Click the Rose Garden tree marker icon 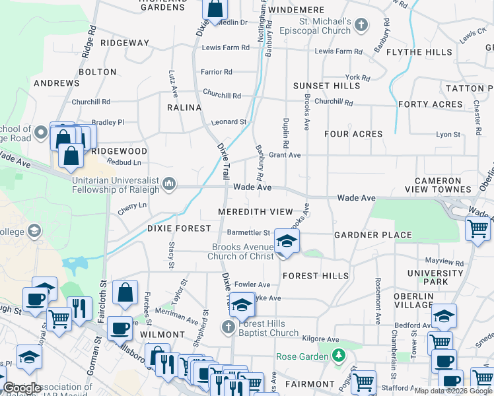(x=339, y=356)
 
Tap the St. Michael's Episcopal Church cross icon (x=361, y=26)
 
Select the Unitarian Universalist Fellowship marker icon (x=169, y=183)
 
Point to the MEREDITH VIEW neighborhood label (x=255, y=212)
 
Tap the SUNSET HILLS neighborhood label (x=327, y=86)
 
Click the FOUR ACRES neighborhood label (x=353, y=134)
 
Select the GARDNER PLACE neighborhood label (x=372, y=235)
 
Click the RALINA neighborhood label (x=184, y=108)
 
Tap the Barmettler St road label (x=248, y=232)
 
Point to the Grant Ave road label (x=285, y=155)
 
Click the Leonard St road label (x=229, y=122)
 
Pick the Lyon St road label (x=448, y=134)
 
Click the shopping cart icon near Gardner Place (x=477, y=229)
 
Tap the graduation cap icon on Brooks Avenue (x=287, y=241)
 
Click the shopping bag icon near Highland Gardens (x=215, y=9)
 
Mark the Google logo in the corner (x=22, y=388)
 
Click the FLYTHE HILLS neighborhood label (x=419, y=52)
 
